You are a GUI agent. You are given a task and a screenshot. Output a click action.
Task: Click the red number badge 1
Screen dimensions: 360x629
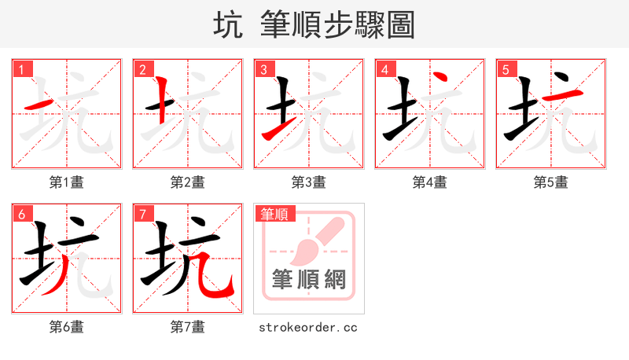point(21,70)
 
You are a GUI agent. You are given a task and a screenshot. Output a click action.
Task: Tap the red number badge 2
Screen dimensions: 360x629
point(142,70)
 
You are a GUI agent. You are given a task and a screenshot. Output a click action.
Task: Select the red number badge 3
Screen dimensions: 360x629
point(263,70)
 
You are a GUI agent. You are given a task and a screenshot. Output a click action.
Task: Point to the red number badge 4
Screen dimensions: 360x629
point(384,70)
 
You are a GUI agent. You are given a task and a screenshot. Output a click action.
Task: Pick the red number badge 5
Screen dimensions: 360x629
point(506,70)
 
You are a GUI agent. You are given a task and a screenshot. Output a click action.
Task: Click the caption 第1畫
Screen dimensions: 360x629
point(67,182)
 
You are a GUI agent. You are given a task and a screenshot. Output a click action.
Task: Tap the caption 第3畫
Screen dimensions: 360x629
point(309,182)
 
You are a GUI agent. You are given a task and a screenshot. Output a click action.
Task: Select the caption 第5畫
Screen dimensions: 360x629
point(551,182)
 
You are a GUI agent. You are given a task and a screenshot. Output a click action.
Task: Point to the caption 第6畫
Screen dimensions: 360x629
point(67,327)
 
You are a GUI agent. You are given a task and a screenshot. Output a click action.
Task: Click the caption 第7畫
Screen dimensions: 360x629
point(188,327)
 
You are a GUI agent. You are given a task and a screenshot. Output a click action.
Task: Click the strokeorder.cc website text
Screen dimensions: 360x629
point(308,327)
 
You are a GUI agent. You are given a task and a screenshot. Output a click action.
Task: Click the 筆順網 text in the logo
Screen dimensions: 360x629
point(309,279)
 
